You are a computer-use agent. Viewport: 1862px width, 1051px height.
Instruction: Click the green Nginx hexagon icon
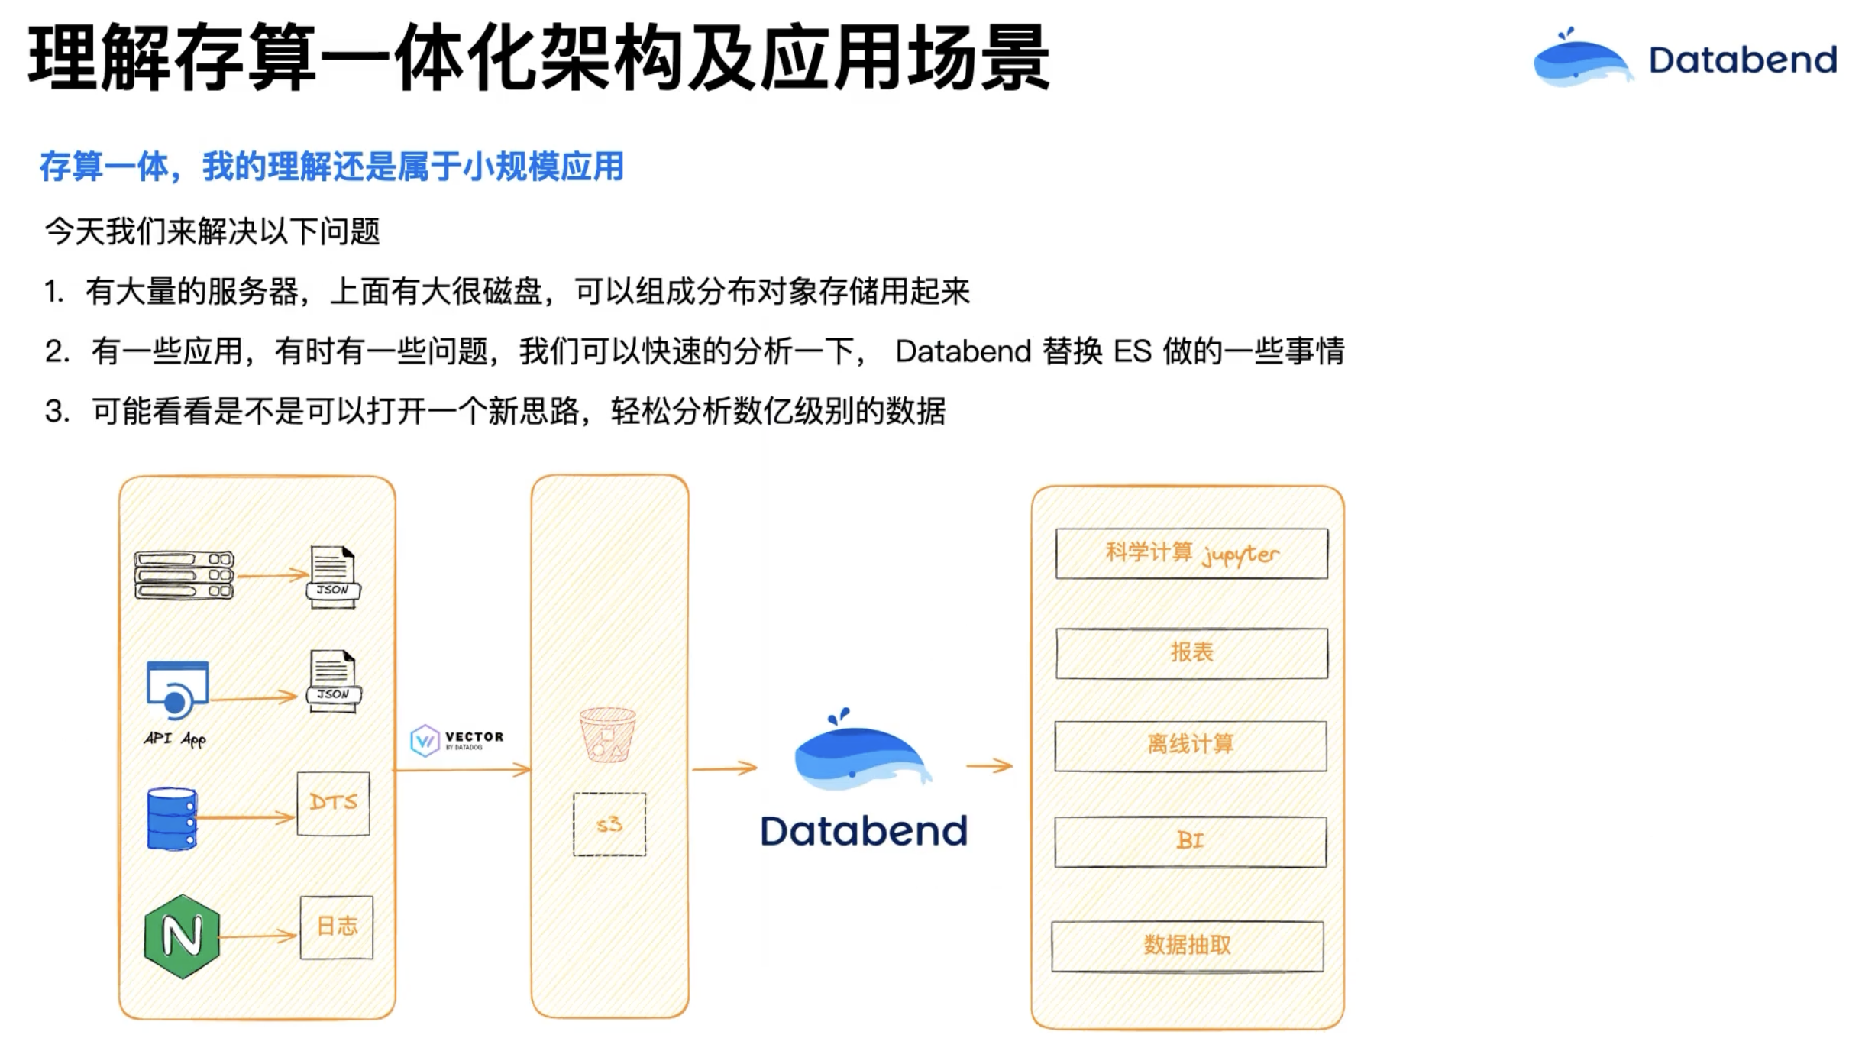tap(182, 936)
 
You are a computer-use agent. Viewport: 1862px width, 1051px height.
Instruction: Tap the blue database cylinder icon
tap(172, 819)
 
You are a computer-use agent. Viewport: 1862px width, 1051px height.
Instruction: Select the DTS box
tap(333, 803)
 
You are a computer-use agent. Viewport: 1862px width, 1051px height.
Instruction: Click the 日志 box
tap(337, 927)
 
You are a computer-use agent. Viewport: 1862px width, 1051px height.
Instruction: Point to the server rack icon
tap(184, 575)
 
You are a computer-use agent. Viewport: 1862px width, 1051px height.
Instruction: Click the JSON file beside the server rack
tap(333, 577)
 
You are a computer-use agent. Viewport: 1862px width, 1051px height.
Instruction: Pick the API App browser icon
tap(177, 690)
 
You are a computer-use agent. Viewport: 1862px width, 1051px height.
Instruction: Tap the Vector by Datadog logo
tap(457, 739)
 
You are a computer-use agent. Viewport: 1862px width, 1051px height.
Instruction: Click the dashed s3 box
tap(609, 824)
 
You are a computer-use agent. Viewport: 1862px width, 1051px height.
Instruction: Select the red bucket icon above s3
tap(608, 735)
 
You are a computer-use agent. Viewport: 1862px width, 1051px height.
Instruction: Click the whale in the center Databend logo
tap(859, 752)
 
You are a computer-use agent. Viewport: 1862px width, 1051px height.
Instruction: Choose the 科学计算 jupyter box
tap(1191, 554)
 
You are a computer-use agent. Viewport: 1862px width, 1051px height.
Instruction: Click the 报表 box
tap(1191, 653)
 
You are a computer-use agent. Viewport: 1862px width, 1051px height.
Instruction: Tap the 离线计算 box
tap(1191, 745)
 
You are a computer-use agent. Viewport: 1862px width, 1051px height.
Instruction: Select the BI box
tap(1191, 842)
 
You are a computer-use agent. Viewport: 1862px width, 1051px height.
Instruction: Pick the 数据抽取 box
tap(1188, 946)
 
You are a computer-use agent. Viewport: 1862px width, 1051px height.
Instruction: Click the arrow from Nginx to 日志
tap(258, 936)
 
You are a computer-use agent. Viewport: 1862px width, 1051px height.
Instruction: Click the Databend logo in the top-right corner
tap(1685, 59)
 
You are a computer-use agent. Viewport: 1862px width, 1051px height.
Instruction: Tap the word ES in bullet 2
tap(1133, 352)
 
